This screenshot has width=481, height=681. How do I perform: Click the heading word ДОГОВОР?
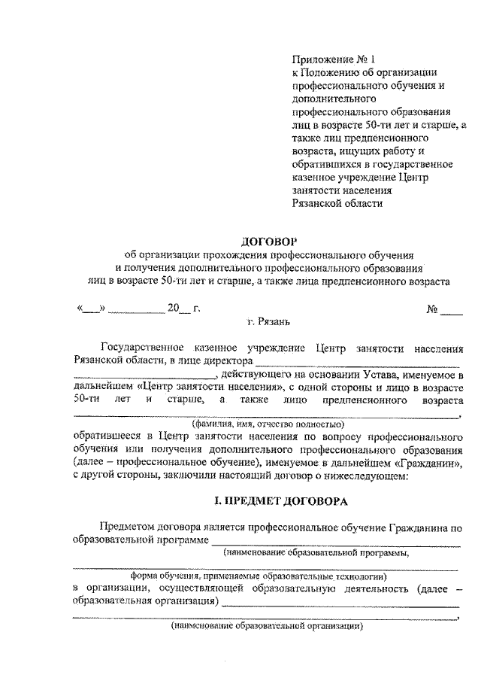(x=268, y=242)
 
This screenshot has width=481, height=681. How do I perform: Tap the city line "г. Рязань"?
(x=268, y=322)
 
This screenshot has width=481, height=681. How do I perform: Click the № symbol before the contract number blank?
(x=432, y=309)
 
